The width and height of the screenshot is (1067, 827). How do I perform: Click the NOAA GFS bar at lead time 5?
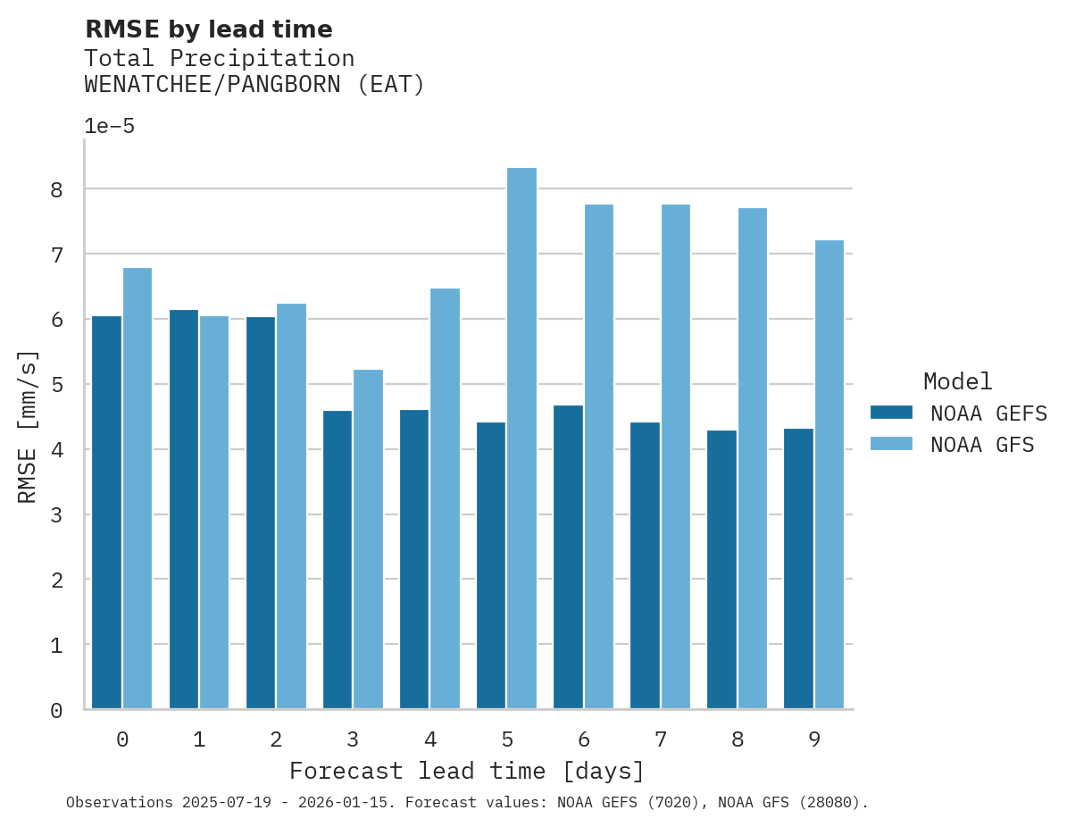point(521,439)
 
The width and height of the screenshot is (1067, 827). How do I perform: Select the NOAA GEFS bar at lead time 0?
point(106,513)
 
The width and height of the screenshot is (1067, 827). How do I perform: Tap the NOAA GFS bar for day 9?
point(829,474)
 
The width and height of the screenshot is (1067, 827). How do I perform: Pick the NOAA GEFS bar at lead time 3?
point(337,560)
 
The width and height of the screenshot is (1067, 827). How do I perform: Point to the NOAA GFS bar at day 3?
point(368,539)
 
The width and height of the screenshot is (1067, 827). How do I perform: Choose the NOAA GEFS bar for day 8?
point(721,570)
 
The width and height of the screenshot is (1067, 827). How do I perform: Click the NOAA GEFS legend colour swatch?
point(891,413)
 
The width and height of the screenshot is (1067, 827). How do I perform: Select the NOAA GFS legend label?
point(982,445)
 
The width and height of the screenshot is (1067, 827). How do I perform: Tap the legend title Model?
point(957,382)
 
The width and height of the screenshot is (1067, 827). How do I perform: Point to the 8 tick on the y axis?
point(56,189)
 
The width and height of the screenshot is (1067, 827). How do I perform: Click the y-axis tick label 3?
point(56,515)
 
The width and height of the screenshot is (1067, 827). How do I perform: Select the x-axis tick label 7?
point(661,739)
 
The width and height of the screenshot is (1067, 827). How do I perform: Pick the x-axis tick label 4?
point(430,739)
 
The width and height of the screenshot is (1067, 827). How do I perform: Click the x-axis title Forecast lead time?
point(466,771)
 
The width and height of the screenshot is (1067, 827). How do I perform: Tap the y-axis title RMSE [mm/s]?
point(28,427)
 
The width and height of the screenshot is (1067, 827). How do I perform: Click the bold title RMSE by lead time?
point(208,29)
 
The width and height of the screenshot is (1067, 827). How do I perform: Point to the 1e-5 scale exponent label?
point(109,126)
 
